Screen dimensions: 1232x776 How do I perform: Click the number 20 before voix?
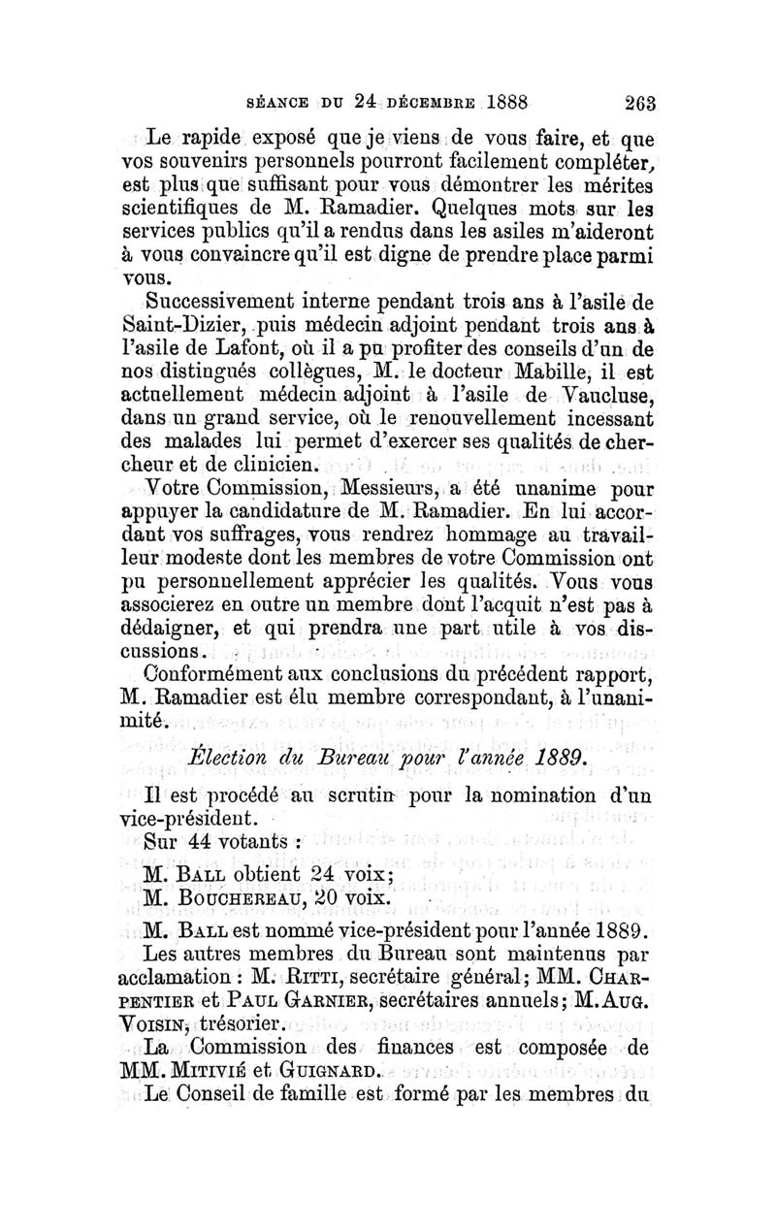[x=345, y=894]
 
